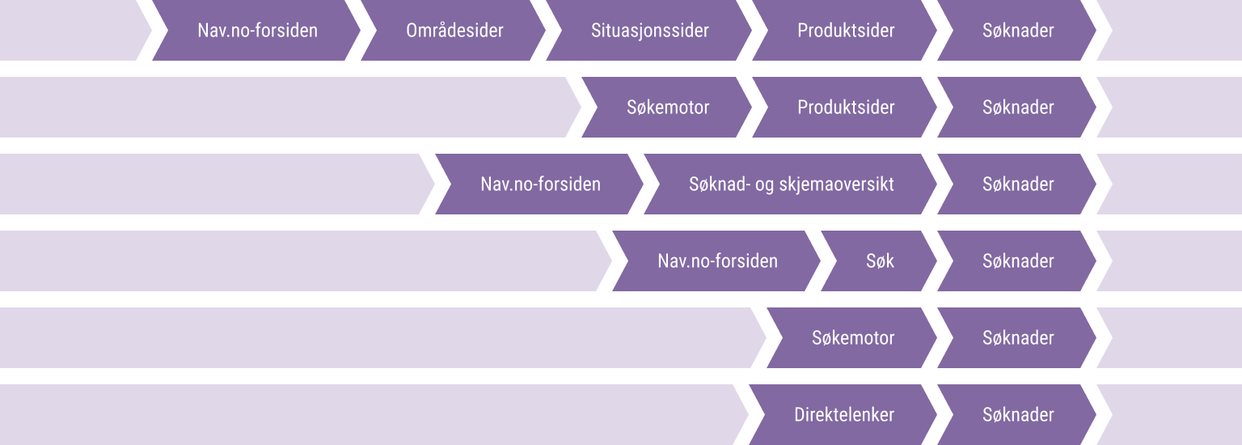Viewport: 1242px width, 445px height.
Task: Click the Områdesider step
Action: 454,31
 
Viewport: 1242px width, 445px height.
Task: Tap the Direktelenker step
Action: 844,415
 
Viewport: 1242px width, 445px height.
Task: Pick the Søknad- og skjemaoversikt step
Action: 791,184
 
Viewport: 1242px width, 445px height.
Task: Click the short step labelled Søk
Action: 880,261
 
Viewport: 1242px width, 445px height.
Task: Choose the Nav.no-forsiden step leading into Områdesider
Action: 257,31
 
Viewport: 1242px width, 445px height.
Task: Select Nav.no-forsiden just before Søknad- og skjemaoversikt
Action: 540,184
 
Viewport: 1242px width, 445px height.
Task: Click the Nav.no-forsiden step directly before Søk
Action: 717,261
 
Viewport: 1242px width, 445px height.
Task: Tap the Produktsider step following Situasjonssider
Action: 846,31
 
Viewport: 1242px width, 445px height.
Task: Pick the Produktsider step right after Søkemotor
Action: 846,108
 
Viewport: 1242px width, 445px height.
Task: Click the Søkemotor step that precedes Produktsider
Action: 668,108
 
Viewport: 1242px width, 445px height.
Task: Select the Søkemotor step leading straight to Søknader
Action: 853,338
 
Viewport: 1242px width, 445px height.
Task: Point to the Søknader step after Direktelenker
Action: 1018,415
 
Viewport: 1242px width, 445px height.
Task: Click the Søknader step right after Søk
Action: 1018,261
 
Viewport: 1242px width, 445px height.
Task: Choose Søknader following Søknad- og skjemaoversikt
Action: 1018,184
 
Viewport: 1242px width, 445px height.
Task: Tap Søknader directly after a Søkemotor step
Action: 1018,338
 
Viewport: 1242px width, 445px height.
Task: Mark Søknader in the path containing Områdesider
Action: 1018,31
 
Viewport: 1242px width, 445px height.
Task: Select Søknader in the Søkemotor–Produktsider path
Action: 1018,108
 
